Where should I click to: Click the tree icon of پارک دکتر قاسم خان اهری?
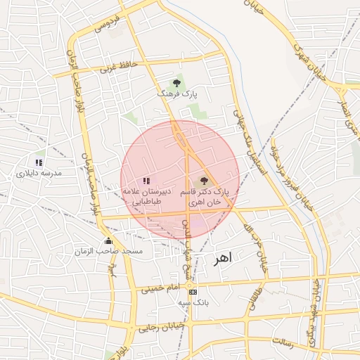(204, 181)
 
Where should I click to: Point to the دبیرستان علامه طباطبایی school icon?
(146, 181)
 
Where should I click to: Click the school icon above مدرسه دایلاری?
(39, 162)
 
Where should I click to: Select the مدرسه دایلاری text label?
(40, 172)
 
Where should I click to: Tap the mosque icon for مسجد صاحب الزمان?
(108, 241)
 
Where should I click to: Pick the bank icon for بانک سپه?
(193, 292)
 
